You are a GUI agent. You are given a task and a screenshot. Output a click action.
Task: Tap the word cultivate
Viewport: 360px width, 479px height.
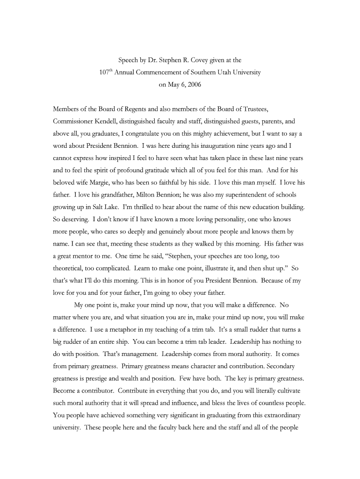(285, 390)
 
